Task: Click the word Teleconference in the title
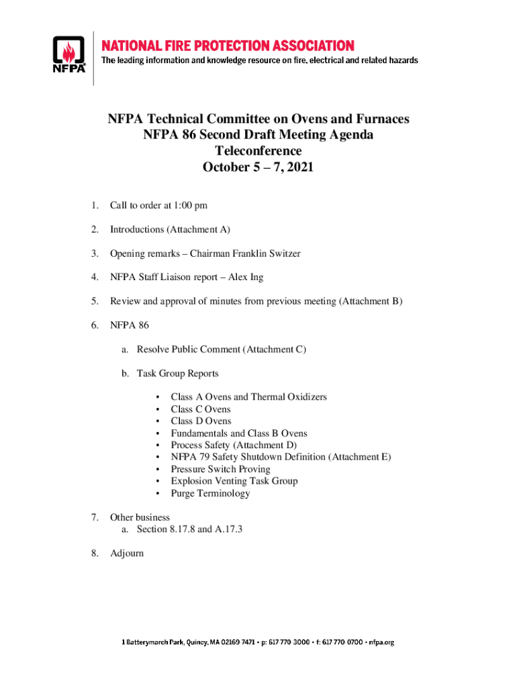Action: click(x=258, y=151)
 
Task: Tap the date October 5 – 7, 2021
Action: click(x=258, y=167)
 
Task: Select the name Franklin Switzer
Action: click(x=267, y=253)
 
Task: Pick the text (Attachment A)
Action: click(x=203, y=230)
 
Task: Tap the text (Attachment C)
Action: click(x=275, y=349)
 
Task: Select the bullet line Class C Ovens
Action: click(x=200, y=409)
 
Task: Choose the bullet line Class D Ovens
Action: click(x=201, y=421)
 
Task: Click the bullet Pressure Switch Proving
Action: click(x=220, y=469)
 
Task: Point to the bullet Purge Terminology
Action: click(x=210, y=493)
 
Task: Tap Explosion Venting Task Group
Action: click(x=234, y=481)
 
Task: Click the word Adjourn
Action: click(x=127, y=553)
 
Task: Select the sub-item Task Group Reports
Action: click(x=177, y=374)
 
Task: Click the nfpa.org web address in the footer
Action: click(x=378, y=642)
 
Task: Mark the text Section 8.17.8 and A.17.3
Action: click(x=189, y=529)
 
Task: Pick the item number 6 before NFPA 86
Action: click(x=95, y=325)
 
